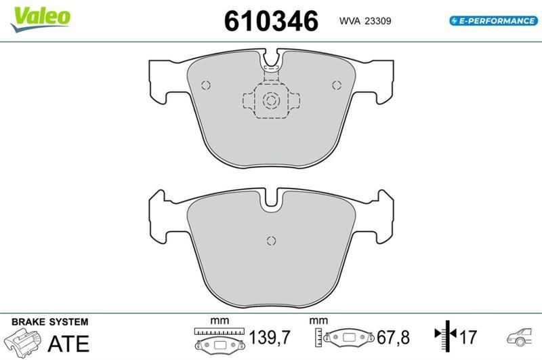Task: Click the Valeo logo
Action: click(41, 19)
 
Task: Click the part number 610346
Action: click(271, 21)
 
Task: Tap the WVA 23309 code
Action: click(365, 21)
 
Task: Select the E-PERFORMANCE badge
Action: click(494, 21)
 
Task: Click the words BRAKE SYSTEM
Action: click(49, 322)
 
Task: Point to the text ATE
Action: click(68, 344)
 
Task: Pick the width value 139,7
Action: click(270, 337)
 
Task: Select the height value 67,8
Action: click(393, 337)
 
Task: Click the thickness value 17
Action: click(467, 337)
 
